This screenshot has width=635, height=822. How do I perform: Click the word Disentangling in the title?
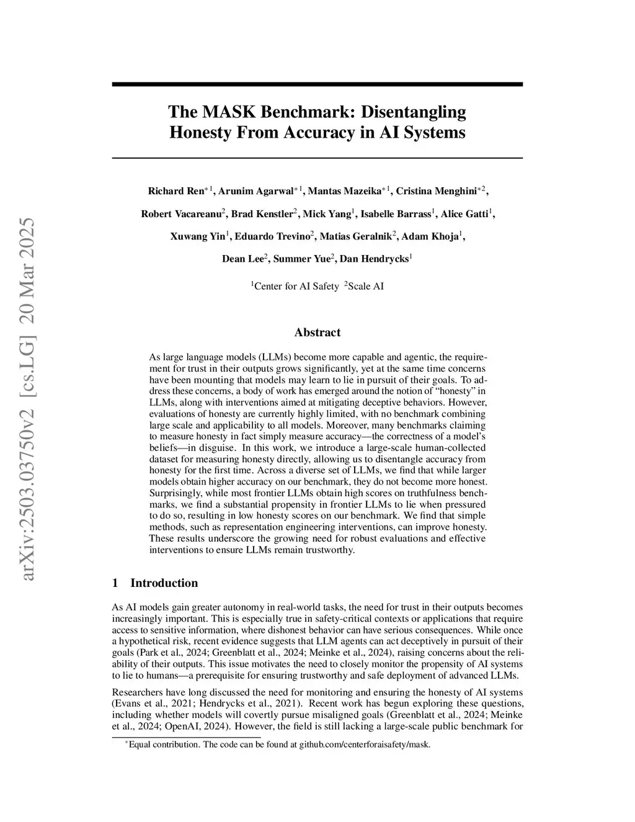413,112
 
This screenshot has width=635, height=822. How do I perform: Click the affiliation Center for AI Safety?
296,287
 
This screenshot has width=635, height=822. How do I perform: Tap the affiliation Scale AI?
366,287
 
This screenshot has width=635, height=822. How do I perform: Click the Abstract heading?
317,333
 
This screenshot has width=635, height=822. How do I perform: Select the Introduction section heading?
164,583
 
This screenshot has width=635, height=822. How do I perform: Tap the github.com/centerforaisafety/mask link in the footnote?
365,744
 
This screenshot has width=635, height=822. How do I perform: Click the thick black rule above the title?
317,84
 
